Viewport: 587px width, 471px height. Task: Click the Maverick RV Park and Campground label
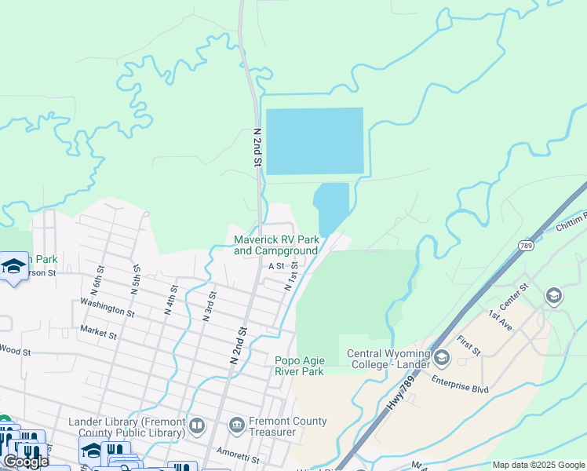276,245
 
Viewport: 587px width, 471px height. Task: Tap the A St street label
275,266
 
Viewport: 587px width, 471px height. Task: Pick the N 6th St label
97,279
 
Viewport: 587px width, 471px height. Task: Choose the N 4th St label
170,300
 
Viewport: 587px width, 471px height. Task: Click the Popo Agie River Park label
299,366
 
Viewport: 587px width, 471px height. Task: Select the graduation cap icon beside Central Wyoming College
442,359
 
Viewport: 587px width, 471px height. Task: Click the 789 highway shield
525,246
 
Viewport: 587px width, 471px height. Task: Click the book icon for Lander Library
196,426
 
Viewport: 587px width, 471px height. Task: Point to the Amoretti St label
238,457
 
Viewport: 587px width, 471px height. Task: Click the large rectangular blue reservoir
315,141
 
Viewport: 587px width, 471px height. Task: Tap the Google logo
26,462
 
